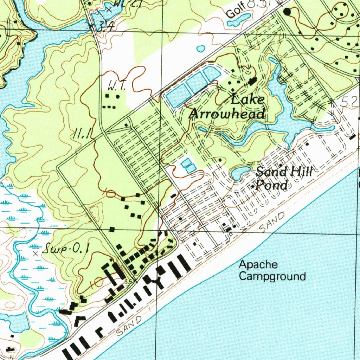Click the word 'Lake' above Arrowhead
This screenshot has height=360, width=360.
coord(248,99)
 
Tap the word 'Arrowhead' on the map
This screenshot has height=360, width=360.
coord(227,114)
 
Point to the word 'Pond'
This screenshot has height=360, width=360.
coord(272,185)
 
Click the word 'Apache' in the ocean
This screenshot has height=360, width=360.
coord(258,264)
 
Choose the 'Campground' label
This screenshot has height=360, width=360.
coord(272,276)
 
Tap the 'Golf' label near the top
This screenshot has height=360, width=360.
coord(234,12)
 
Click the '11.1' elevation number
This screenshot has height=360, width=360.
coord(83,133)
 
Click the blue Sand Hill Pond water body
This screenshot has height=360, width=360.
coord(239,173)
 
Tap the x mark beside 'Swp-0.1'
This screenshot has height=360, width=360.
coord(35,253)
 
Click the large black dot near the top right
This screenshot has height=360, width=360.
coord(288,12)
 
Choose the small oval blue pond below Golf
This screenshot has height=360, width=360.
coord(201,49)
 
